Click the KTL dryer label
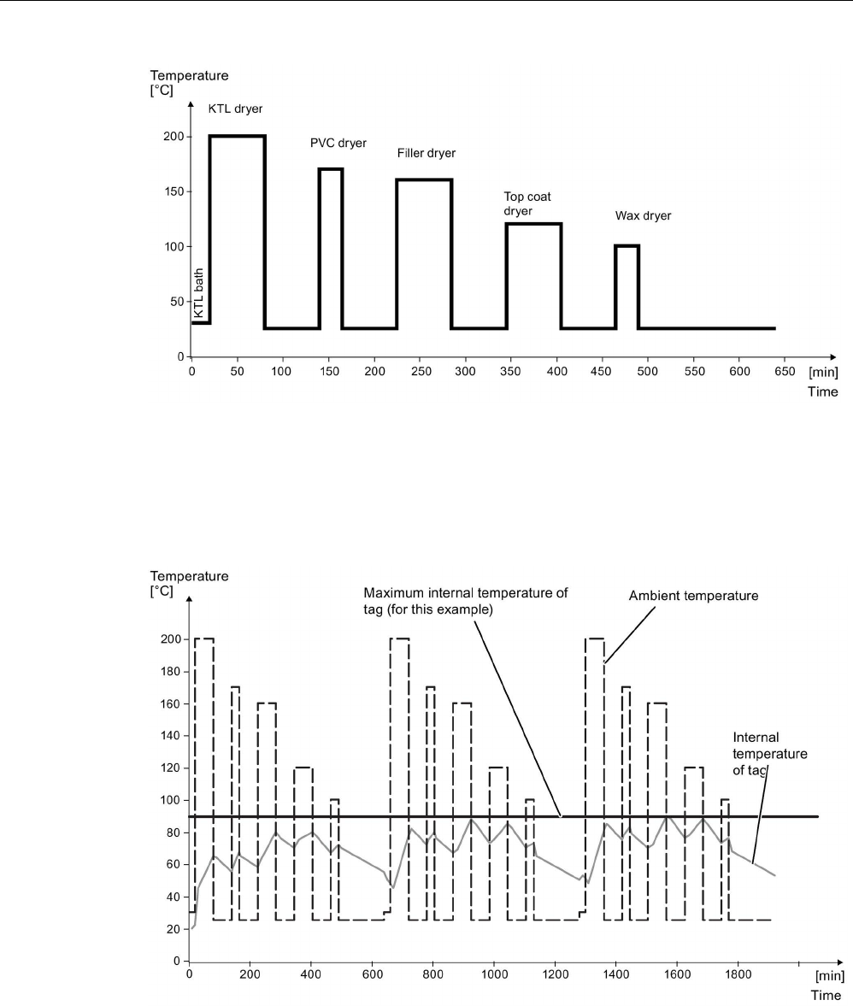pyautogui.click(x=235, y=109)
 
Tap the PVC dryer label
pyautogui.click(x=338, y=143)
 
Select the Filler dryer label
pyautogui.click(x=426, y=153)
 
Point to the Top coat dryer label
pyautogui.click(x=527, y=204)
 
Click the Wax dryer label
pyautogui.click(x=643, y=216)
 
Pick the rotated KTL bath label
pyautogui.click(x=199, y=293)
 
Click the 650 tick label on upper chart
pyautogui.click(x=785, y=372)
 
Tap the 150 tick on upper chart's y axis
pyautogui.click(x=174, y=191)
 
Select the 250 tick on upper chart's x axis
pyautogui.click(x=421, y=372)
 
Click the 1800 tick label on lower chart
pyautogui.click(x=738, y=974)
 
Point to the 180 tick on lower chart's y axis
pyautogui.click(x=170, y=672)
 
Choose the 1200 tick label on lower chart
pyautogui.click(x=556, y=974)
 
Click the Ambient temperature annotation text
pyautogui.click(x=693, y=596)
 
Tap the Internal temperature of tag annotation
pyautogui.click(x=769, y=754)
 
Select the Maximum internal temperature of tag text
pyautogui.click(x=466, y=601)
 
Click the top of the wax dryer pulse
pyautogui.click(x=627, y=245)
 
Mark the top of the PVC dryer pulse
pyautogui.click(x=330, y=168)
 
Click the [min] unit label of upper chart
pyautogui.click(x=823, y=372)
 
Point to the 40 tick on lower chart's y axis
pyautogui.click(x=174, y=897)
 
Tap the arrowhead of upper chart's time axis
pyautogui.click(x=833, y=356)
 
